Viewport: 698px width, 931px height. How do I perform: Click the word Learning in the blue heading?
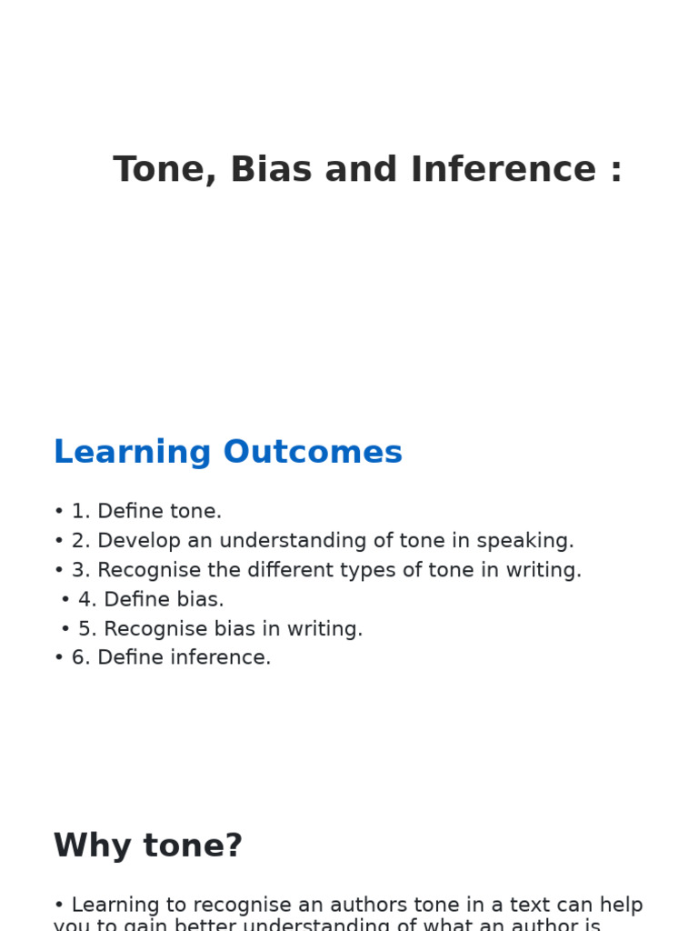point(133,453)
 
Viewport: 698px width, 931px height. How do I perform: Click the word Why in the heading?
point(89,846)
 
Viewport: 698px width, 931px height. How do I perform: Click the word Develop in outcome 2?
point(135,541)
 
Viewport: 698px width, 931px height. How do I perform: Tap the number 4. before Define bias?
point(87,600)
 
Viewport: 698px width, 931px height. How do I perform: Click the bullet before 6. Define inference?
point(59,658)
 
